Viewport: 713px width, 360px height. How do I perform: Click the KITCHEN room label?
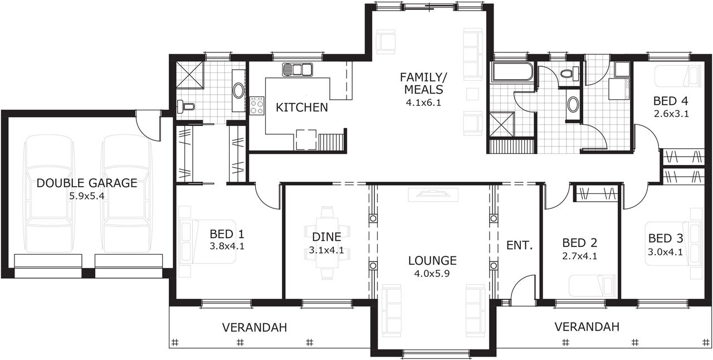click(302, 108)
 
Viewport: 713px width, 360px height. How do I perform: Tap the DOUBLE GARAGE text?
click(87, 183)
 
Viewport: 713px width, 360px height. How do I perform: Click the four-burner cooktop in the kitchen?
click(257, 105)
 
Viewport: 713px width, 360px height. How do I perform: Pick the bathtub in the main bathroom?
click(511, 72)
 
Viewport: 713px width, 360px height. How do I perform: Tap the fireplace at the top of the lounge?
click(433, 194)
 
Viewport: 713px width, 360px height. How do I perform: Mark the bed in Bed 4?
click(677, 76)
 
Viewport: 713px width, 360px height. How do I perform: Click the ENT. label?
click(520, 245)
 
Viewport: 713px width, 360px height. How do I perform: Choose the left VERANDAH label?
click(255, 328)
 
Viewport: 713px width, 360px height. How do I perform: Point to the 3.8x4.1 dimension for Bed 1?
click(227, 245)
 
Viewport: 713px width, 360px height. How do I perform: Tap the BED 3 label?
click(665, 239)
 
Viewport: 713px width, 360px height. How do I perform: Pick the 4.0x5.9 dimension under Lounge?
click(432, 274)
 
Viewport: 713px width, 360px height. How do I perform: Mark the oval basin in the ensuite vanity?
click(238, 91)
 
